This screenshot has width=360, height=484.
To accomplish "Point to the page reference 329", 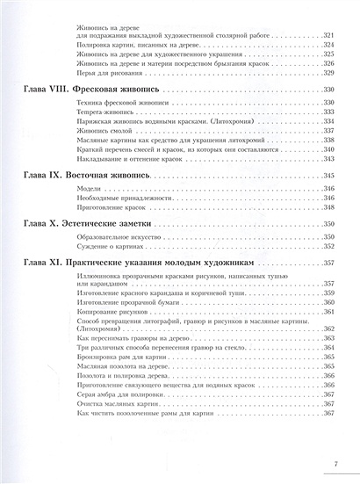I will [330, 73].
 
